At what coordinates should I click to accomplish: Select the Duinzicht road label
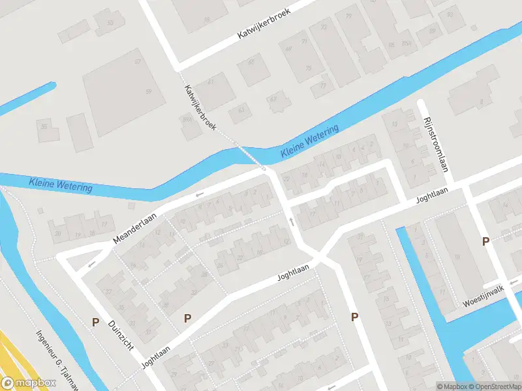[121, 337]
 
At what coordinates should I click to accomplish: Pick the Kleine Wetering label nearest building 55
[60, 184]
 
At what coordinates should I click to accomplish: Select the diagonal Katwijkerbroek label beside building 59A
[200, 108]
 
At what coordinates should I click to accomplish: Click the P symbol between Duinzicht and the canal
[95, 322]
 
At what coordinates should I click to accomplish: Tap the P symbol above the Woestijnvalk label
[485, 242]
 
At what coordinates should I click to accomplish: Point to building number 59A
[187, 119]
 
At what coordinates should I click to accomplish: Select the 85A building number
[406, 44]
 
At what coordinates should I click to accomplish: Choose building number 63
[241, 110]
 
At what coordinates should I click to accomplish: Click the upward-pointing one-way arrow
[292, 222]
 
